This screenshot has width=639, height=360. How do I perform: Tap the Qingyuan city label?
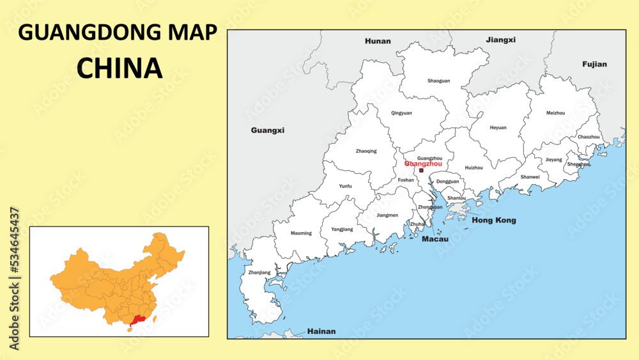pyautogui.click(x=401, y=113)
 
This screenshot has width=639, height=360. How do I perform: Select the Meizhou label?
pyautogui.click(x=555, y=113)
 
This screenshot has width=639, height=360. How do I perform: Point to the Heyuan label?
pyautogui.click(x=498, y=128)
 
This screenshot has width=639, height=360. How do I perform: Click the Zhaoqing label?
pyautogui.click(x=366, y=152)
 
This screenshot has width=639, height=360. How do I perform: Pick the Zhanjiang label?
pyautogui.click(x=259, y=272)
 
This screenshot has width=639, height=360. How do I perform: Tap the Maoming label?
pyautogui.click(x=301, y=233)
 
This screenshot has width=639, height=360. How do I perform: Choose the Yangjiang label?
pyautogui.click(x=342, y=229)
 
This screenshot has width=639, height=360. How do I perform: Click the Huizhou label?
pyautogui.click(x=473, y=168)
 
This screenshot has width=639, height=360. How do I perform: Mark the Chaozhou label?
pyautogui.click(x=589, y=137)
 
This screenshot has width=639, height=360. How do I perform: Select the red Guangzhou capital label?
pyautogui.click(x=423, y=164)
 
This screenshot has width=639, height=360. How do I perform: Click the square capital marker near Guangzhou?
pyautogui.click(x=421, y=171)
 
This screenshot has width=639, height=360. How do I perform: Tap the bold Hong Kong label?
pyautogui.click(x=493, y=221)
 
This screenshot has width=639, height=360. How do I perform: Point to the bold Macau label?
pyautogui.click(x=435, y=239)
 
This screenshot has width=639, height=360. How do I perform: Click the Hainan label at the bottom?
pyautogui.click(x=321, y=332)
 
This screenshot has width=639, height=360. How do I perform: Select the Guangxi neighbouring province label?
pyautogui.click(x=268, y=130)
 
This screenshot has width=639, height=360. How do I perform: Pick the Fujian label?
pyautogui.click(x=594, y=64)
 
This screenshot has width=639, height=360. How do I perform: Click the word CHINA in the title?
pyautogui.click(x=119, y=68)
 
